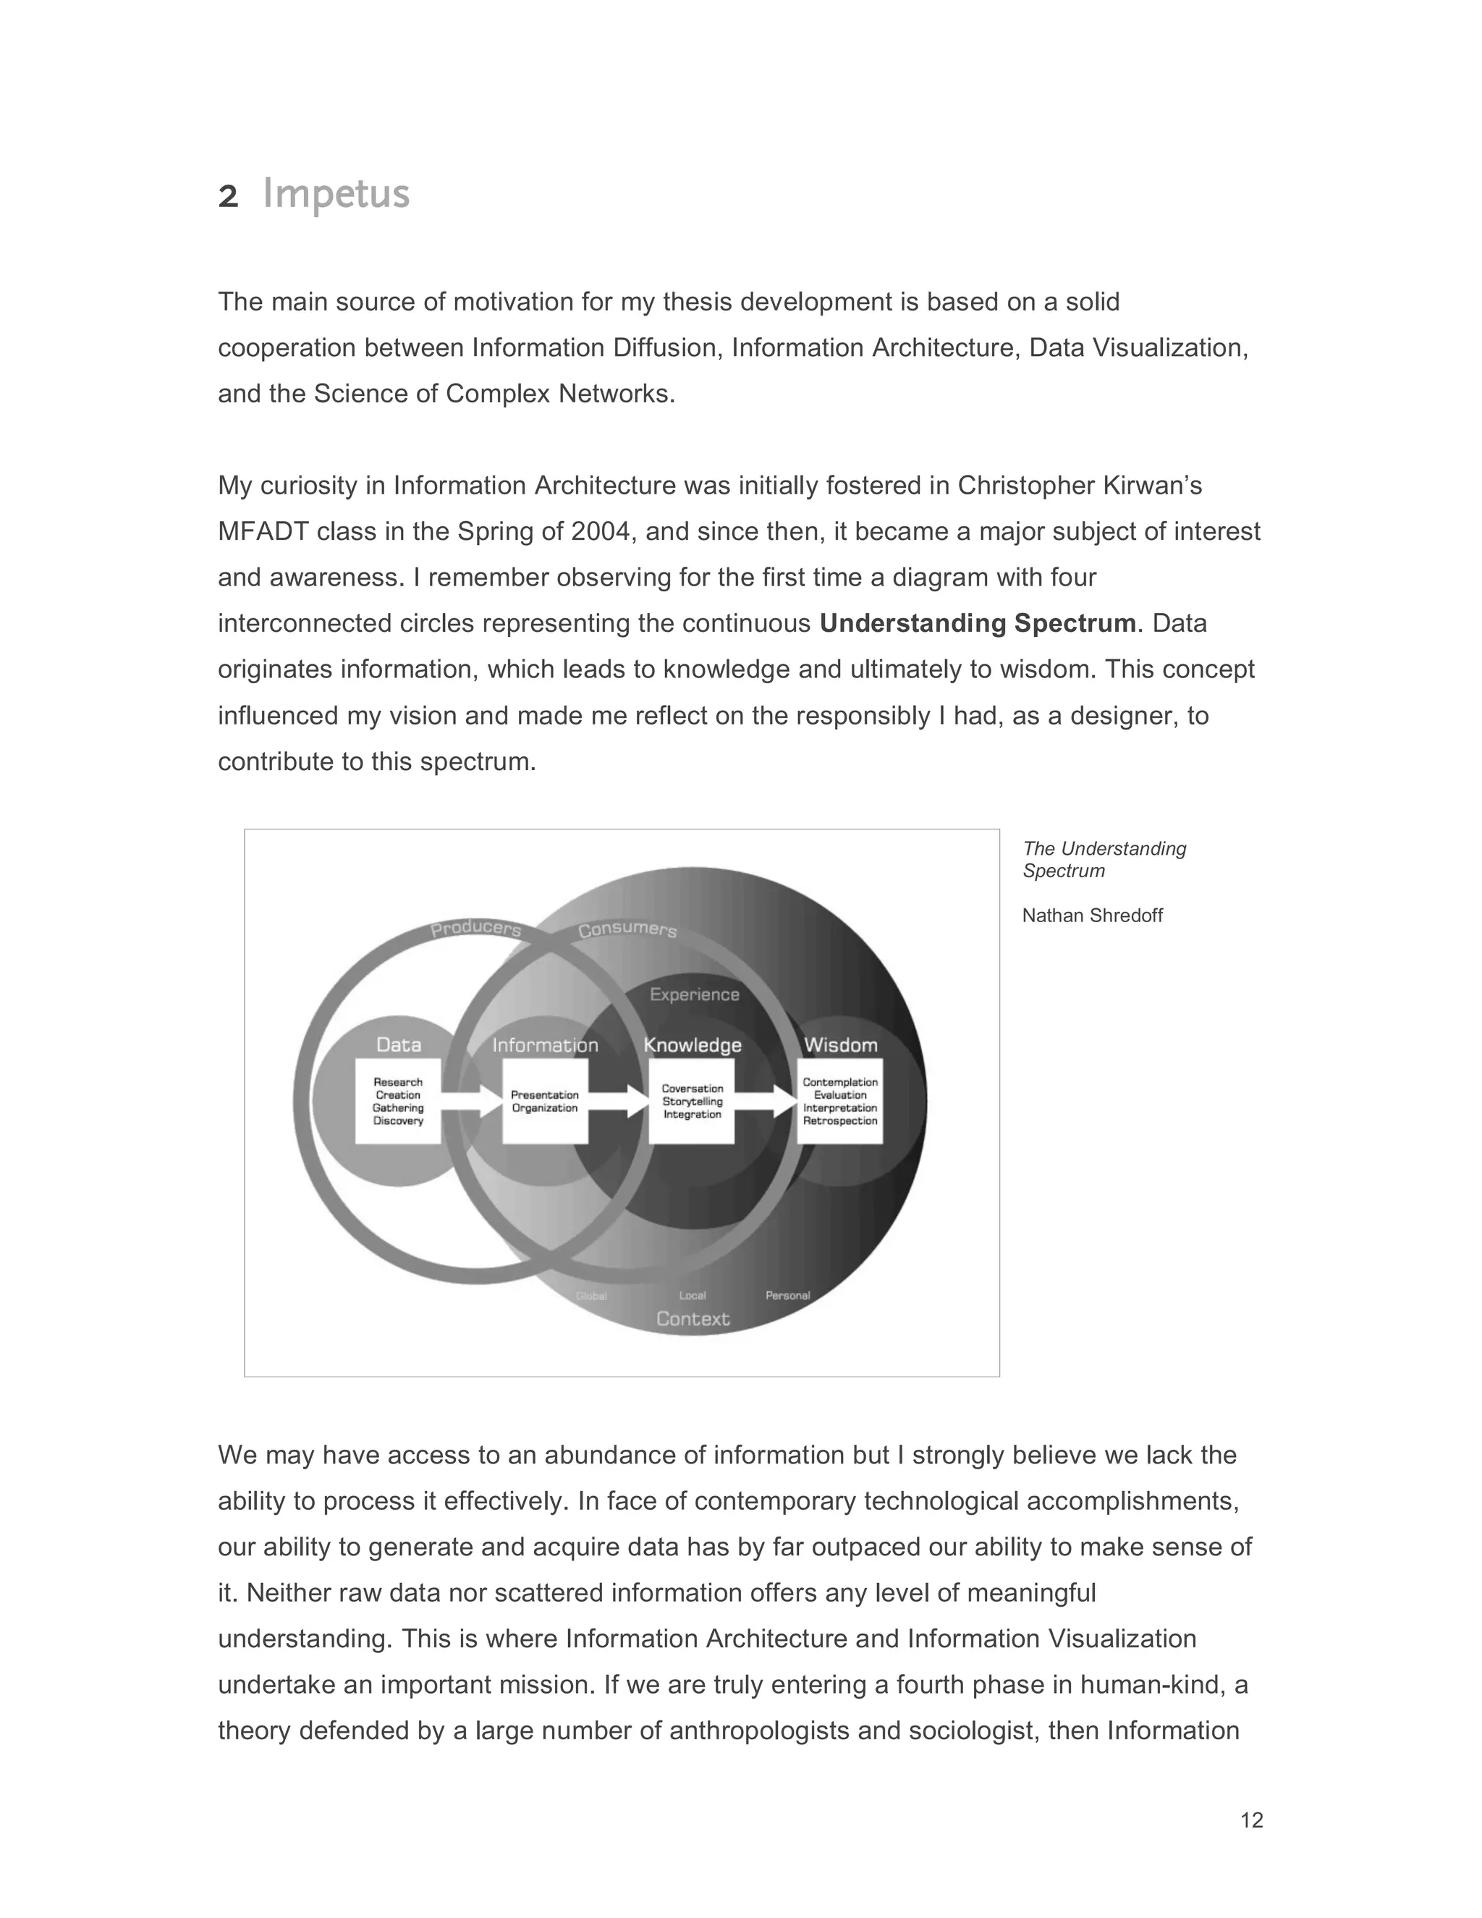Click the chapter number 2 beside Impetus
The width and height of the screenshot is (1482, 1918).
tap(227, 197)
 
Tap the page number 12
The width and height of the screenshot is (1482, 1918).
tap(1251, 1820)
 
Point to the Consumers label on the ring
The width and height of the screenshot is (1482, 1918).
tap(627, 929)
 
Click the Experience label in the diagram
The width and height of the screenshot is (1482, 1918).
tap(695, 994)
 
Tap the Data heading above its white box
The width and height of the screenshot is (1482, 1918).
tap(399, 1044)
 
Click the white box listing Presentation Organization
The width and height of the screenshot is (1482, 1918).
tap(545, 1102)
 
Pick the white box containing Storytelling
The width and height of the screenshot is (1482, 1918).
tap(692, 1102)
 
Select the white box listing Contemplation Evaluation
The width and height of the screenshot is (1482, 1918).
tap(839, 1102)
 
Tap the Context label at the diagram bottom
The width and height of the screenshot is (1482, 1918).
tap(693, 1318)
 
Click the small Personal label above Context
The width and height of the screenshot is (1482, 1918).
tap(787, 1296)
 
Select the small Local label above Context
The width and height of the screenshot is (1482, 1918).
tap(692, 1296)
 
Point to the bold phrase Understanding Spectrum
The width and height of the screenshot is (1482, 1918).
tap(977, 623)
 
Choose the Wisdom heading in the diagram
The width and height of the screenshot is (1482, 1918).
tap(840, 1044)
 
